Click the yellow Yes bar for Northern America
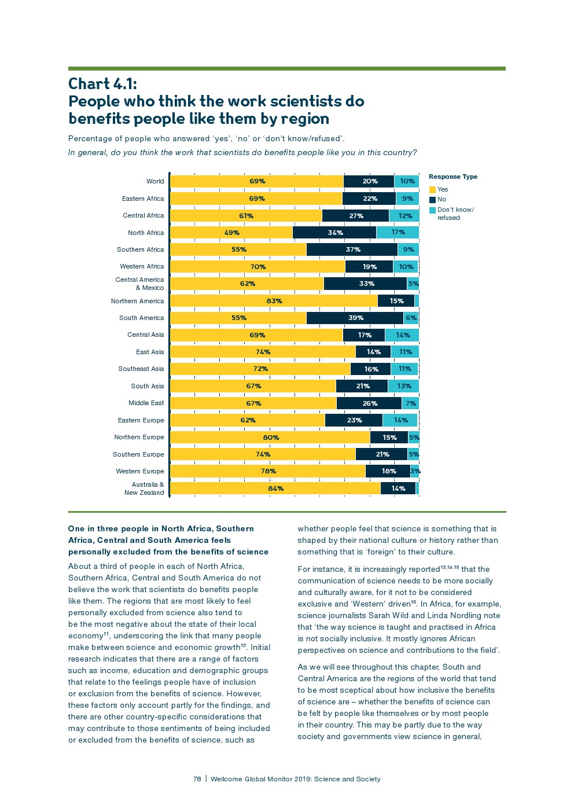(274, 301)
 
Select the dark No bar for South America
(355, 318)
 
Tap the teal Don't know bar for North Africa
(398, 233)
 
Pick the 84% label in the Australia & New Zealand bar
(275, 488)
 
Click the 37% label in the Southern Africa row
(353, 249)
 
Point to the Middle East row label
(146, 403)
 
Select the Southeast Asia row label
(141, 369)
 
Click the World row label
(155, 181)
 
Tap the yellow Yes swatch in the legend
(432, 190)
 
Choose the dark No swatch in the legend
(432, 200)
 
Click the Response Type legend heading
(453, 177)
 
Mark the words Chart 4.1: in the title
(103, 84)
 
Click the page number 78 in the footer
(197, 779)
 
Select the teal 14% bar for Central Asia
(402, 335)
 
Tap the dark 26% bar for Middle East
(369, 403)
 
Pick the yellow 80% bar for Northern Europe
(270, 438)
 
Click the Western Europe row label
(140, 471)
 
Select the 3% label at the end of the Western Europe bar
(415, 471)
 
